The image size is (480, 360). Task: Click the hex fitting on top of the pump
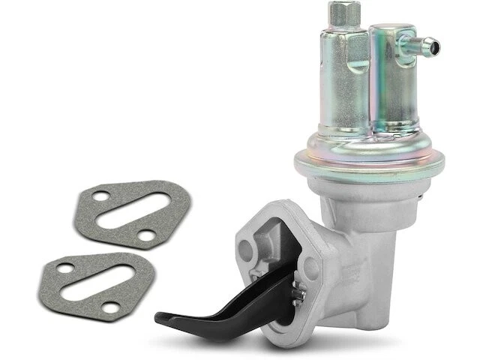click(343, 13)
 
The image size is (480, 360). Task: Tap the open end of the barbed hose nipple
click(436, 47)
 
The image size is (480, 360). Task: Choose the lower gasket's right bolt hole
click(112, 306)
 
